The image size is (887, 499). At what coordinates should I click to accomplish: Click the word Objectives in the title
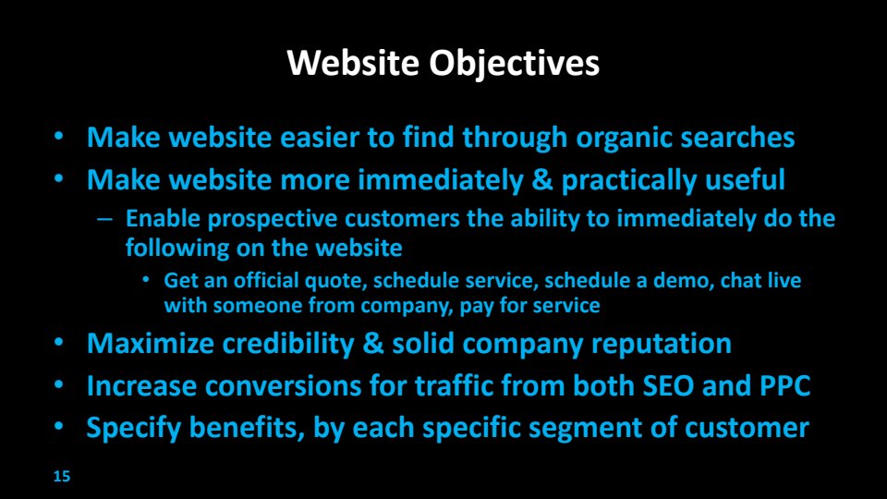pyautogui.click(x=514, y=64)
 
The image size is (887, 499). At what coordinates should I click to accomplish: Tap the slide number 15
pyautogui.click(x=62, y=477)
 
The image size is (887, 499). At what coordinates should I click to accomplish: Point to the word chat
pyautogui.click(x=740, y=280)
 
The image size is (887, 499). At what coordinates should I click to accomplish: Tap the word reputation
pyautogui.click(x=662, y=345)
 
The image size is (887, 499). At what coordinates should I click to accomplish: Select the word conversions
pyautogui.click(x=284, y=386)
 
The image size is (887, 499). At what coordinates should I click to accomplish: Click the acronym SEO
pyautogui.click(x=668, y=386)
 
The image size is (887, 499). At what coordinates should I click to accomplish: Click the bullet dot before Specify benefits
pyautogui.click(x=59, y=427)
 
